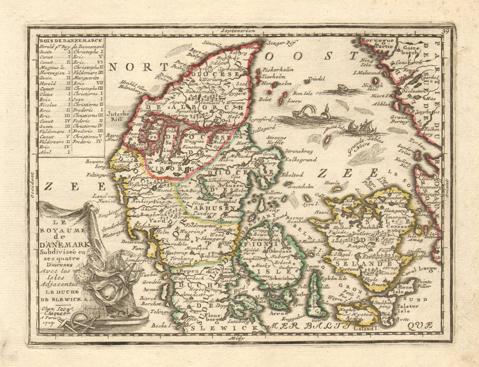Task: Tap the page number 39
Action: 446,32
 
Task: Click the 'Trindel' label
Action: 316,78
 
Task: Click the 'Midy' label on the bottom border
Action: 237,338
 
